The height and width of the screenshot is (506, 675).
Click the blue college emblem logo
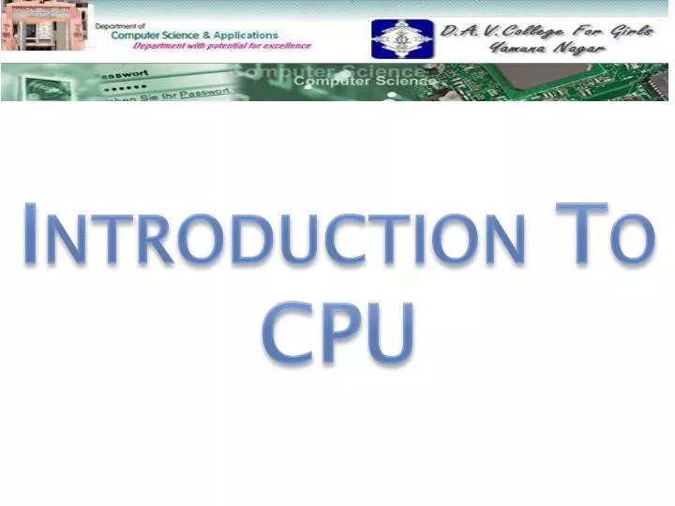click(x=401, y=38)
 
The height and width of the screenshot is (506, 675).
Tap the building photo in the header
click(x=45, y=26)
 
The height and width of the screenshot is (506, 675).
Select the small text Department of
click(x=120, y=26)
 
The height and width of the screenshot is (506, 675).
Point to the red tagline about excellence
click(x=221, y=46)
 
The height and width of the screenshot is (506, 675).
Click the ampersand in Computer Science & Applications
click(x=205, y=36)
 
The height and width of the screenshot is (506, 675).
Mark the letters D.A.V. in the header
click(x=467, y=30)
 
